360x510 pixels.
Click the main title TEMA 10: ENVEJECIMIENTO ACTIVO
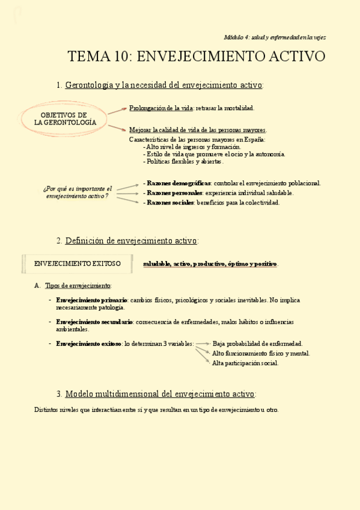point(197,57)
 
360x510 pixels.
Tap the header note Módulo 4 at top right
point(274,37)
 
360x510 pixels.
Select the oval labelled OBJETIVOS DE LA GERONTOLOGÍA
point(65,118)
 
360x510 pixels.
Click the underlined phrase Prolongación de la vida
point(158,108)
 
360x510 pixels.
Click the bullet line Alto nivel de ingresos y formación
point(192,147)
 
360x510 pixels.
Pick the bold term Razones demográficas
point(177,183)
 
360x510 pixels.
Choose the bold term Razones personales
point(172,193)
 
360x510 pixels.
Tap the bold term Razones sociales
point(168,203)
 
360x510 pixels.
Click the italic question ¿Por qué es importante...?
point(78,192)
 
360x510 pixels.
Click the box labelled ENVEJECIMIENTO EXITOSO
point(78,263)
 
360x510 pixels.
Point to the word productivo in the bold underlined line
point(210,264)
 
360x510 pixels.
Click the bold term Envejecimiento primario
point(91,300)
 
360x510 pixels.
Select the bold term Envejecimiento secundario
point(94,322)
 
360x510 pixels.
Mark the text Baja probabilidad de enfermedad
point(257,343)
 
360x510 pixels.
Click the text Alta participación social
point(245,363)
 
